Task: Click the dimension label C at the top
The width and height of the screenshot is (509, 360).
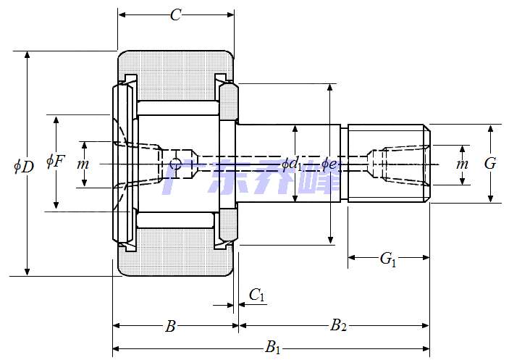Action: [175, 15]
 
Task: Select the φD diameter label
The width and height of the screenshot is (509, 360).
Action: [24, 167]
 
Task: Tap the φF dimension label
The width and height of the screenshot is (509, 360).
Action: [56, 161]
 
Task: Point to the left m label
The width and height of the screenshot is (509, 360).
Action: [83, 164]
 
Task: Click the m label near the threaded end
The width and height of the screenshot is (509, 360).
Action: [462, 164]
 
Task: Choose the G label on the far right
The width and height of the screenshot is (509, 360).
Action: [490, 164]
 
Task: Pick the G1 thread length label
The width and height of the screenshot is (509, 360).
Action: [388, 259]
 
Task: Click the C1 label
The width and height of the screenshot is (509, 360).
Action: [257, 295]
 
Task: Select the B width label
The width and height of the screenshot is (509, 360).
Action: [170, 327]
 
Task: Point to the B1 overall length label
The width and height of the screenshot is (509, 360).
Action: [273, 348]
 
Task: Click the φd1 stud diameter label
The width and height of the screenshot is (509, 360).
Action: [292, 164]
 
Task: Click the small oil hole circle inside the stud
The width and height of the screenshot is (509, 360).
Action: [174, 164]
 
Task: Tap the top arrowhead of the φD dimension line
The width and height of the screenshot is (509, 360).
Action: [28, 55]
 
